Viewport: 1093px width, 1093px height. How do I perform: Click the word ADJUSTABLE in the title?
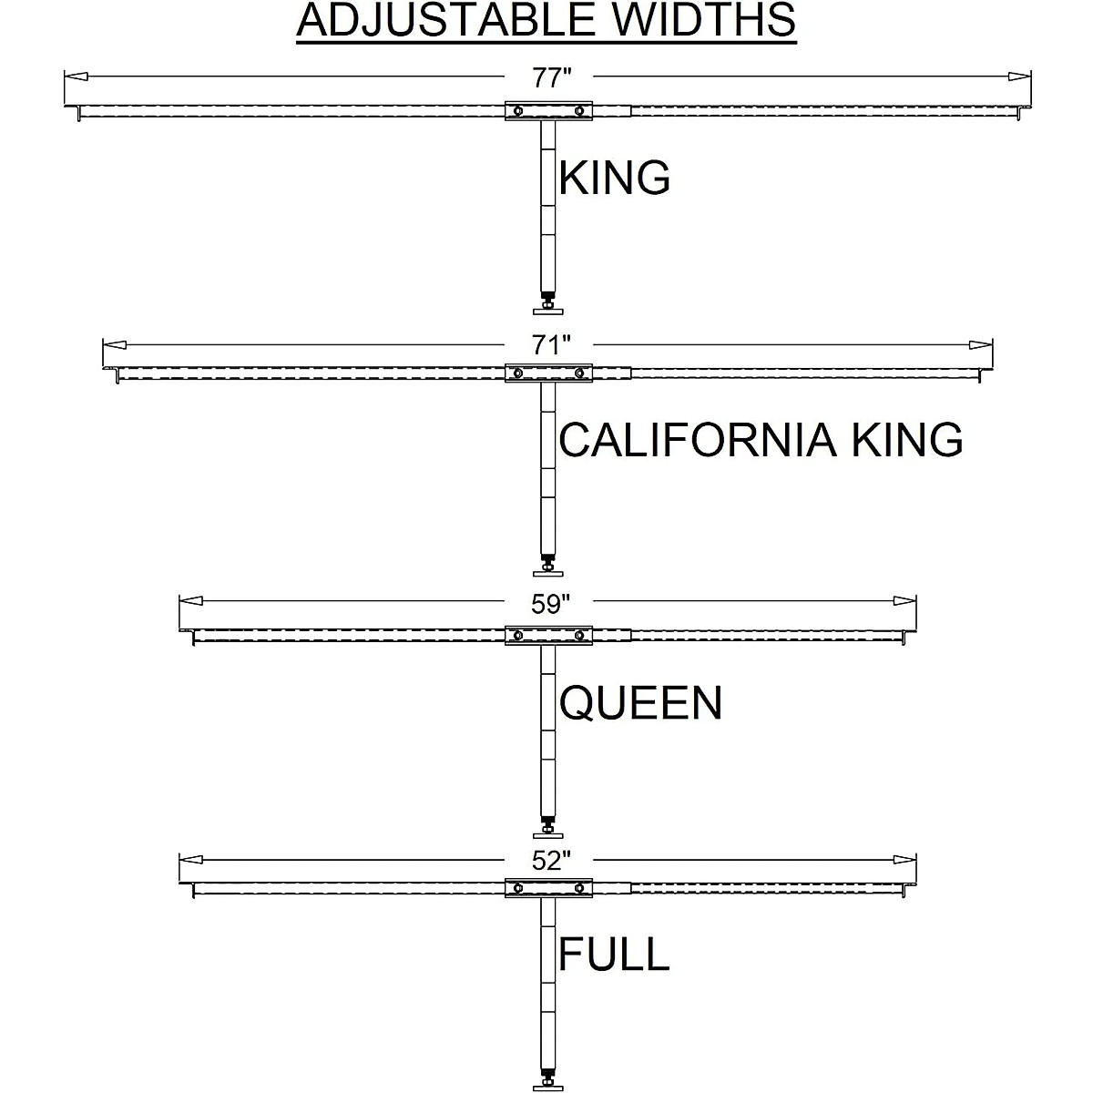tap(446, 20)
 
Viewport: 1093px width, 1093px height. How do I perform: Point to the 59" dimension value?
tap(550, 605)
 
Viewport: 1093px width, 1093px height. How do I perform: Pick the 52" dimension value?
tap(550, 861)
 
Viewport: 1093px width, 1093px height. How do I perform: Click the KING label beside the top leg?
tap(615, 178)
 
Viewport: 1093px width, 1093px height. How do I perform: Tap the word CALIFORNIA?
tap(697, 440)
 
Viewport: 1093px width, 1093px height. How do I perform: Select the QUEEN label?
tap(640, 703)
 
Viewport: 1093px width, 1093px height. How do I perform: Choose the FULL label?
tap(614, 955)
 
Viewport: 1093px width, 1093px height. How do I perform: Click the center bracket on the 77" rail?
tap(548, 110)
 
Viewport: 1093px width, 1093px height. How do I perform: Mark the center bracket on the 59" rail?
tap(548, 635)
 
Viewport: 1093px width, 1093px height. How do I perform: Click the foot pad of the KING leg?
tap(548, 311)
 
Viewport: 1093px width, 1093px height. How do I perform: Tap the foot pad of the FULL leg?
tap(548, 1086)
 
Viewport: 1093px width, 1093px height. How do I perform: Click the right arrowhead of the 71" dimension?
tap(981, 345)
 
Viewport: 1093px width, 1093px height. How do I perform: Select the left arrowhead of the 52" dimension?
tap(190, 860)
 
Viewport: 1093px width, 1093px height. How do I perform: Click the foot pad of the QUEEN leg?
tap(548, 834)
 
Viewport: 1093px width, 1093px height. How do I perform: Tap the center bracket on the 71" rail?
tap(548, 373)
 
